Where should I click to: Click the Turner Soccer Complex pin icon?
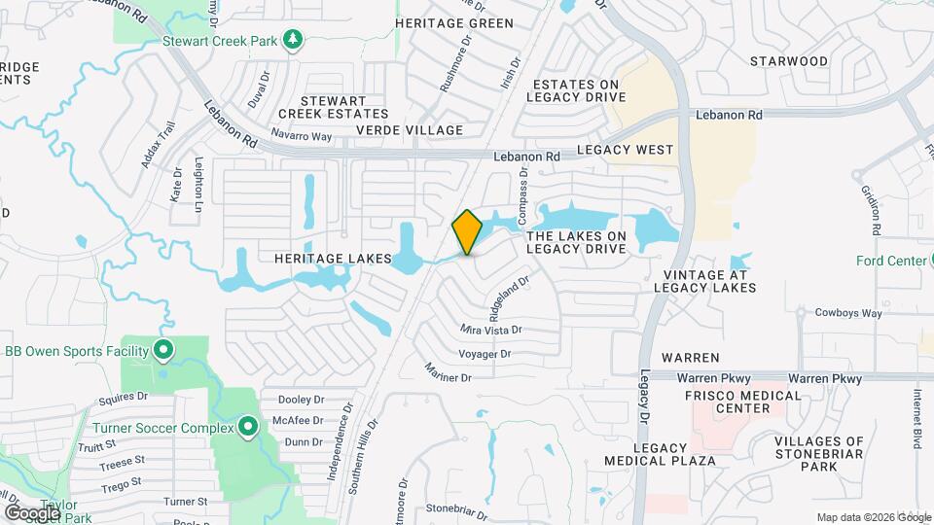[248, 427]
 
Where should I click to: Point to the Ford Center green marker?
[919, 261]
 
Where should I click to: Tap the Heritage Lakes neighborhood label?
[332, 260]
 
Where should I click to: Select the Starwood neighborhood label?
[789, 61]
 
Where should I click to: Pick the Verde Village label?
[409, 130]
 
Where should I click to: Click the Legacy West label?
[625, 150]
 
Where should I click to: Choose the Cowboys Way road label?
[847, 313]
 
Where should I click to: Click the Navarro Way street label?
[302, 135]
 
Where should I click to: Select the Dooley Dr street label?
[301, 400]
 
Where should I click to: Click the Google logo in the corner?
[32, 512]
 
